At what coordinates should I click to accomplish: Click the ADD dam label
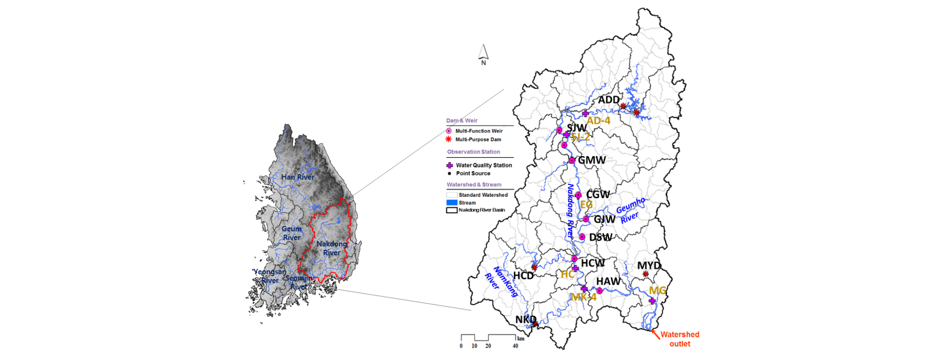click(x=609, y=100)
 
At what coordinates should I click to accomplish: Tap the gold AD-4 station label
click(x=598, y=120)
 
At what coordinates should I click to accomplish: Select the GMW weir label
click(x=592, y=160)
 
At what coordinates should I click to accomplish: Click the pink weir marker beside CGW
click(x=578, y=195)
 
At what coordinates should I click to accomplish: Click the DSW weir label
click(x=601, y=237)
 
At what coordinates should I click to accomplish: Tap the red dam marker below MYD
click(x=645, y=274)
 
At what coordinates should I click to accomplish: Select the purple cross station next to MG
click(x=652, y=301)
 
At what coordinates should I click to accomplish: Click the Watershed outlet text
click(x=680, y=339)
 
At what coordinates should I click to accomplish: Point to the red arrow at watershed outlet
click(x=655, y=335)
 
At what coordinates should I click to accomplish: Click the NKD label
click(x=525, y=320)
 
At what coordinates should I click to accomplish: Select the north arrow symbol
click(x=483, y=53)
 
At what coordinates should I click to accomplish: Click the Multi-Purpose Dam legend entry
click(x=478, y=139)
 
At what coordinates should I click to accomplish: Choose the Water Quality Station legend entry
click(x=483, y=165)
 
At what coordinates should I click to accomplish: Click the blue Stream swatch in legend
click(x=452, y=202)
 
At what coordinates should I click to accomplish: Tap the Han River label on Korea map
click(x=297, y=177)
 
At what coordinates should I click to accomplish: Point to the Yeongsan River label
click(x=270, y=276)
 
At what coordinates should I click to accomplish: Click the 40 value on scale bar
click(x=515, y=346)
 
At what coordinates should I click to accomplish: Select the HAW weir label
click(x=608, y=281)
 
